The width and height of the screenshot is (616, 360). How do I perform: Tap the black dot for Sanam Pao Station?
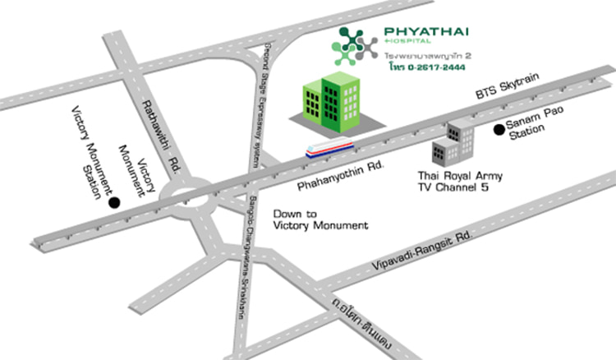coord(497,129)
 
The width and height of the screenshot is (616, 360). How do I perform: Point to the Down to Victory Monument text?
coord(320,219)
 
